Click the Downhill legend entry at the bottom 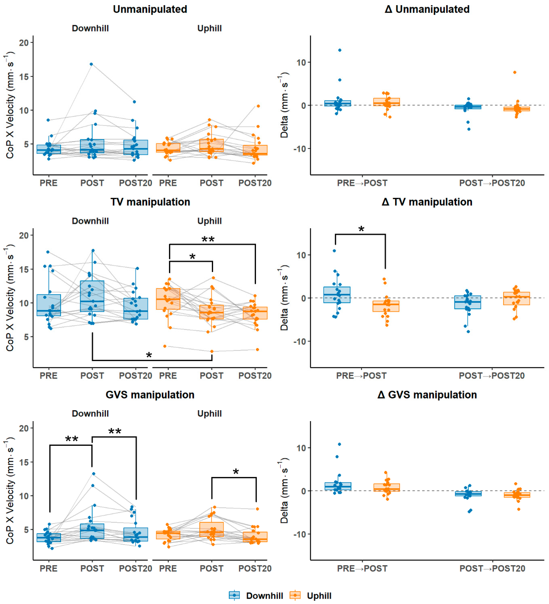256,595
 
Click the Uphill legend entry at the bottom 310,595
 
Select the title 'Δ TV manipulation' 427,202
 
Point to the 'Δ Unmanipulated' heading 427,9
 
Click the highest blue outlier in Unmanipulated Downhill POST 91,64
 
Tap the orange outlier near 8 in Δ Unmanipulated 515,72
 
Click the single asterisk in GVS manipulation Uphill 236,472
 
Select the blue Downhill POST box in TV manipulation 92,296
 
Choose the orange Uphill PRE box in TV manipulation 168,299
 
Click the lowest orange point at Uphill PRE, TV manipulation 165,346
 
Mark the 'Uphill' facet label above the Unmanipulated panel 210,28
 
